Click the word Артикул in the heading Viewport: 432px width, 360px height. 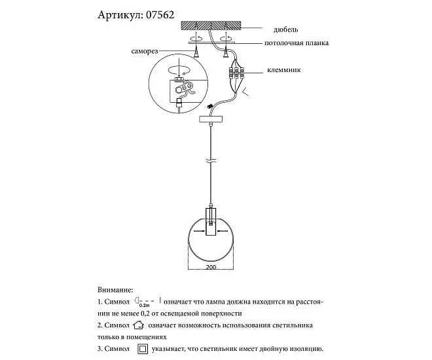coord(120,14)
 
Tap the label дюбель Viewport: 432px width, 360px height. coord(287,29)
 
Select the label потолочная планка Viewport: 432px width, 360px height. coord(297,43)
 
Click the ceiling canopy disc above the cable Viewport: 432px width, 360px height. coord(210,120)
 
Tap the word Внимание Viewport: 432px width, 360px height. coord(115,289)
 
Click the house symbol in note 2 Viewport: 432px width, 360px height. coord(137,325)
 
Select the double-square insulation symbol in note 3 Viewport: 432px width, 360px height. coord(143,350)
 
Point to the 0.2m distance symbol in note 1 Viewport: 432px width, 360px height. coord(145,301)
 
